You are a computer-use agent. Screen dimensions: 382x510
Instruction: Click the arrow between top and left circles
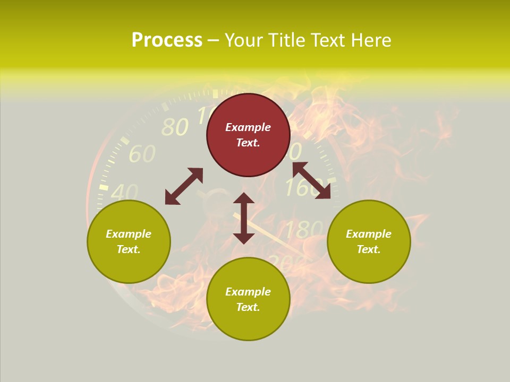tap(184, 186)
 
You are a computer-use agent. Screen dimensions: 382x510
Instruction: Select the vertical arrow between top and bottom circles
tap(244, 218)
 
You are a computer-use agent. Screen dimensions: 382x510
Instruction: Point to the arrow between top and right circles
tap(311, 180)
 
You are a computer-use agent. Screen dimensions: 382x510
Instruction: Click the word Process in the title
tap(167, 40)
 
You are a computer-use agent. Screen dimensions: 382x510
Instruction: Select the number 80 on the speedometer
tap(174, 127)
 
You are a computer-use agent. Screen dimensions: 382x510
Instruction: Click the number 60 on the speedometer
tap(142, 154)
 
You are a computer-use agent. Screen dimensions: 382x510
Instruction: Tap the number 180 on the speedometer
tap(303, 230)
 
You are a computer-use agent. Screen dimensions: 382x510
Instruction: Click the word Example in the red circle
tap(248, 127)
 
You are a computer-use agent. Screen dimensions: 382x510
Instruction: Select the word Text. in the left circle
tap(129, 249)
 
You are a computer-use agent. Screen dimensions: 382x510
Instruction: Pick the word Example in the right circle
tap(369, 234)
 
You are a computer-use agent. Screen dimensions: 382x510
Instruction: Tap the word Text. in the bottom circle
tap(248, 307)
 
